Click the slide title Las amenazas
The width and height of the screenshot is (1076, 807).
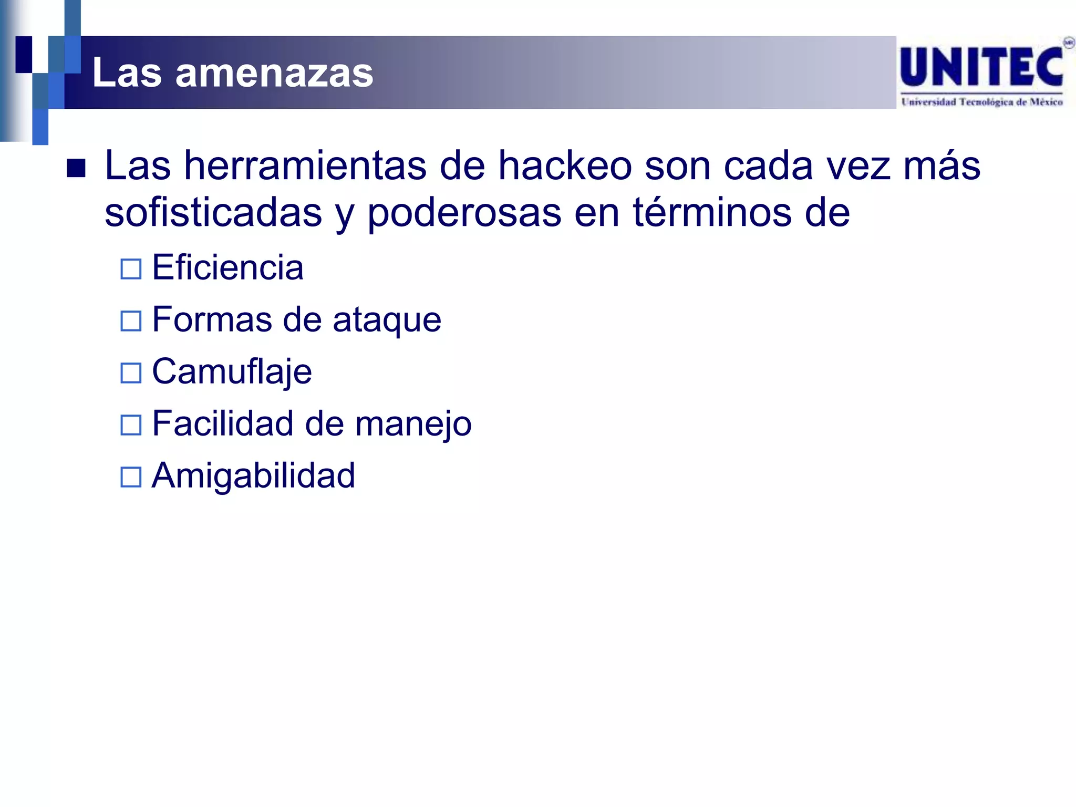coord(233,73)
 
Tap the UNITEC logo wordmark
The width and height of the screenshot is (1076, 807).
coord(981,67)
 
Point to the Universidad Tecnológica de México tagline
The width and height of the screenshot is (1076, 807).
coord(982,102)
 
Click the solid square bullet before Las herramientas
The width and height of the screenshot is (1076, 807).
coord(76,169)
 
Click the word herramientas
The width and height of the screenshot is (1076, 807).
coord(305,166)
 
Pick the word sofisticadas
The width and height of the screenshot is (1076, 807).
coord(213,213)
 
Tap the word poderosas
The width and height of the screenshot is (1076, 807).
coord(464,213)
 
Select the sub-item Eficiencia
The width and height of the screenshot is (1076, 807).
coord(227,267)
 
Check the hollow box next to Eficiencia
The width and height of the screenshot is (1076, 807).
coord(131,269)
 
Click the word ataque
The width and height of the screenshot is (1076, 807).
coord(387,320)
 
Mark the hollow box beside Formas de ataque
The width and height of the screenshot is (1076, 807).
coord(131,321)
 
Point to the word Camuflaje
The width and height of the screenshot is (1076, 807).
coord(232,372)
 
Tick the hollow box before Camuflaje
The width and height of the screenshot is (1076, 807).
coord(131,373)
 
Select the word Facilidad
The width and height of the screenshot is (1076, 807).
coord(223,423)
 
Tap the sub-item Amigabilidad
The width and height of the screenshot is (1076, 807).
coord(253,475)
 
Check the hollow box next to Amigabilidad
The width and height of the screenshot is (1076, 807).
coord(131,477)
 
